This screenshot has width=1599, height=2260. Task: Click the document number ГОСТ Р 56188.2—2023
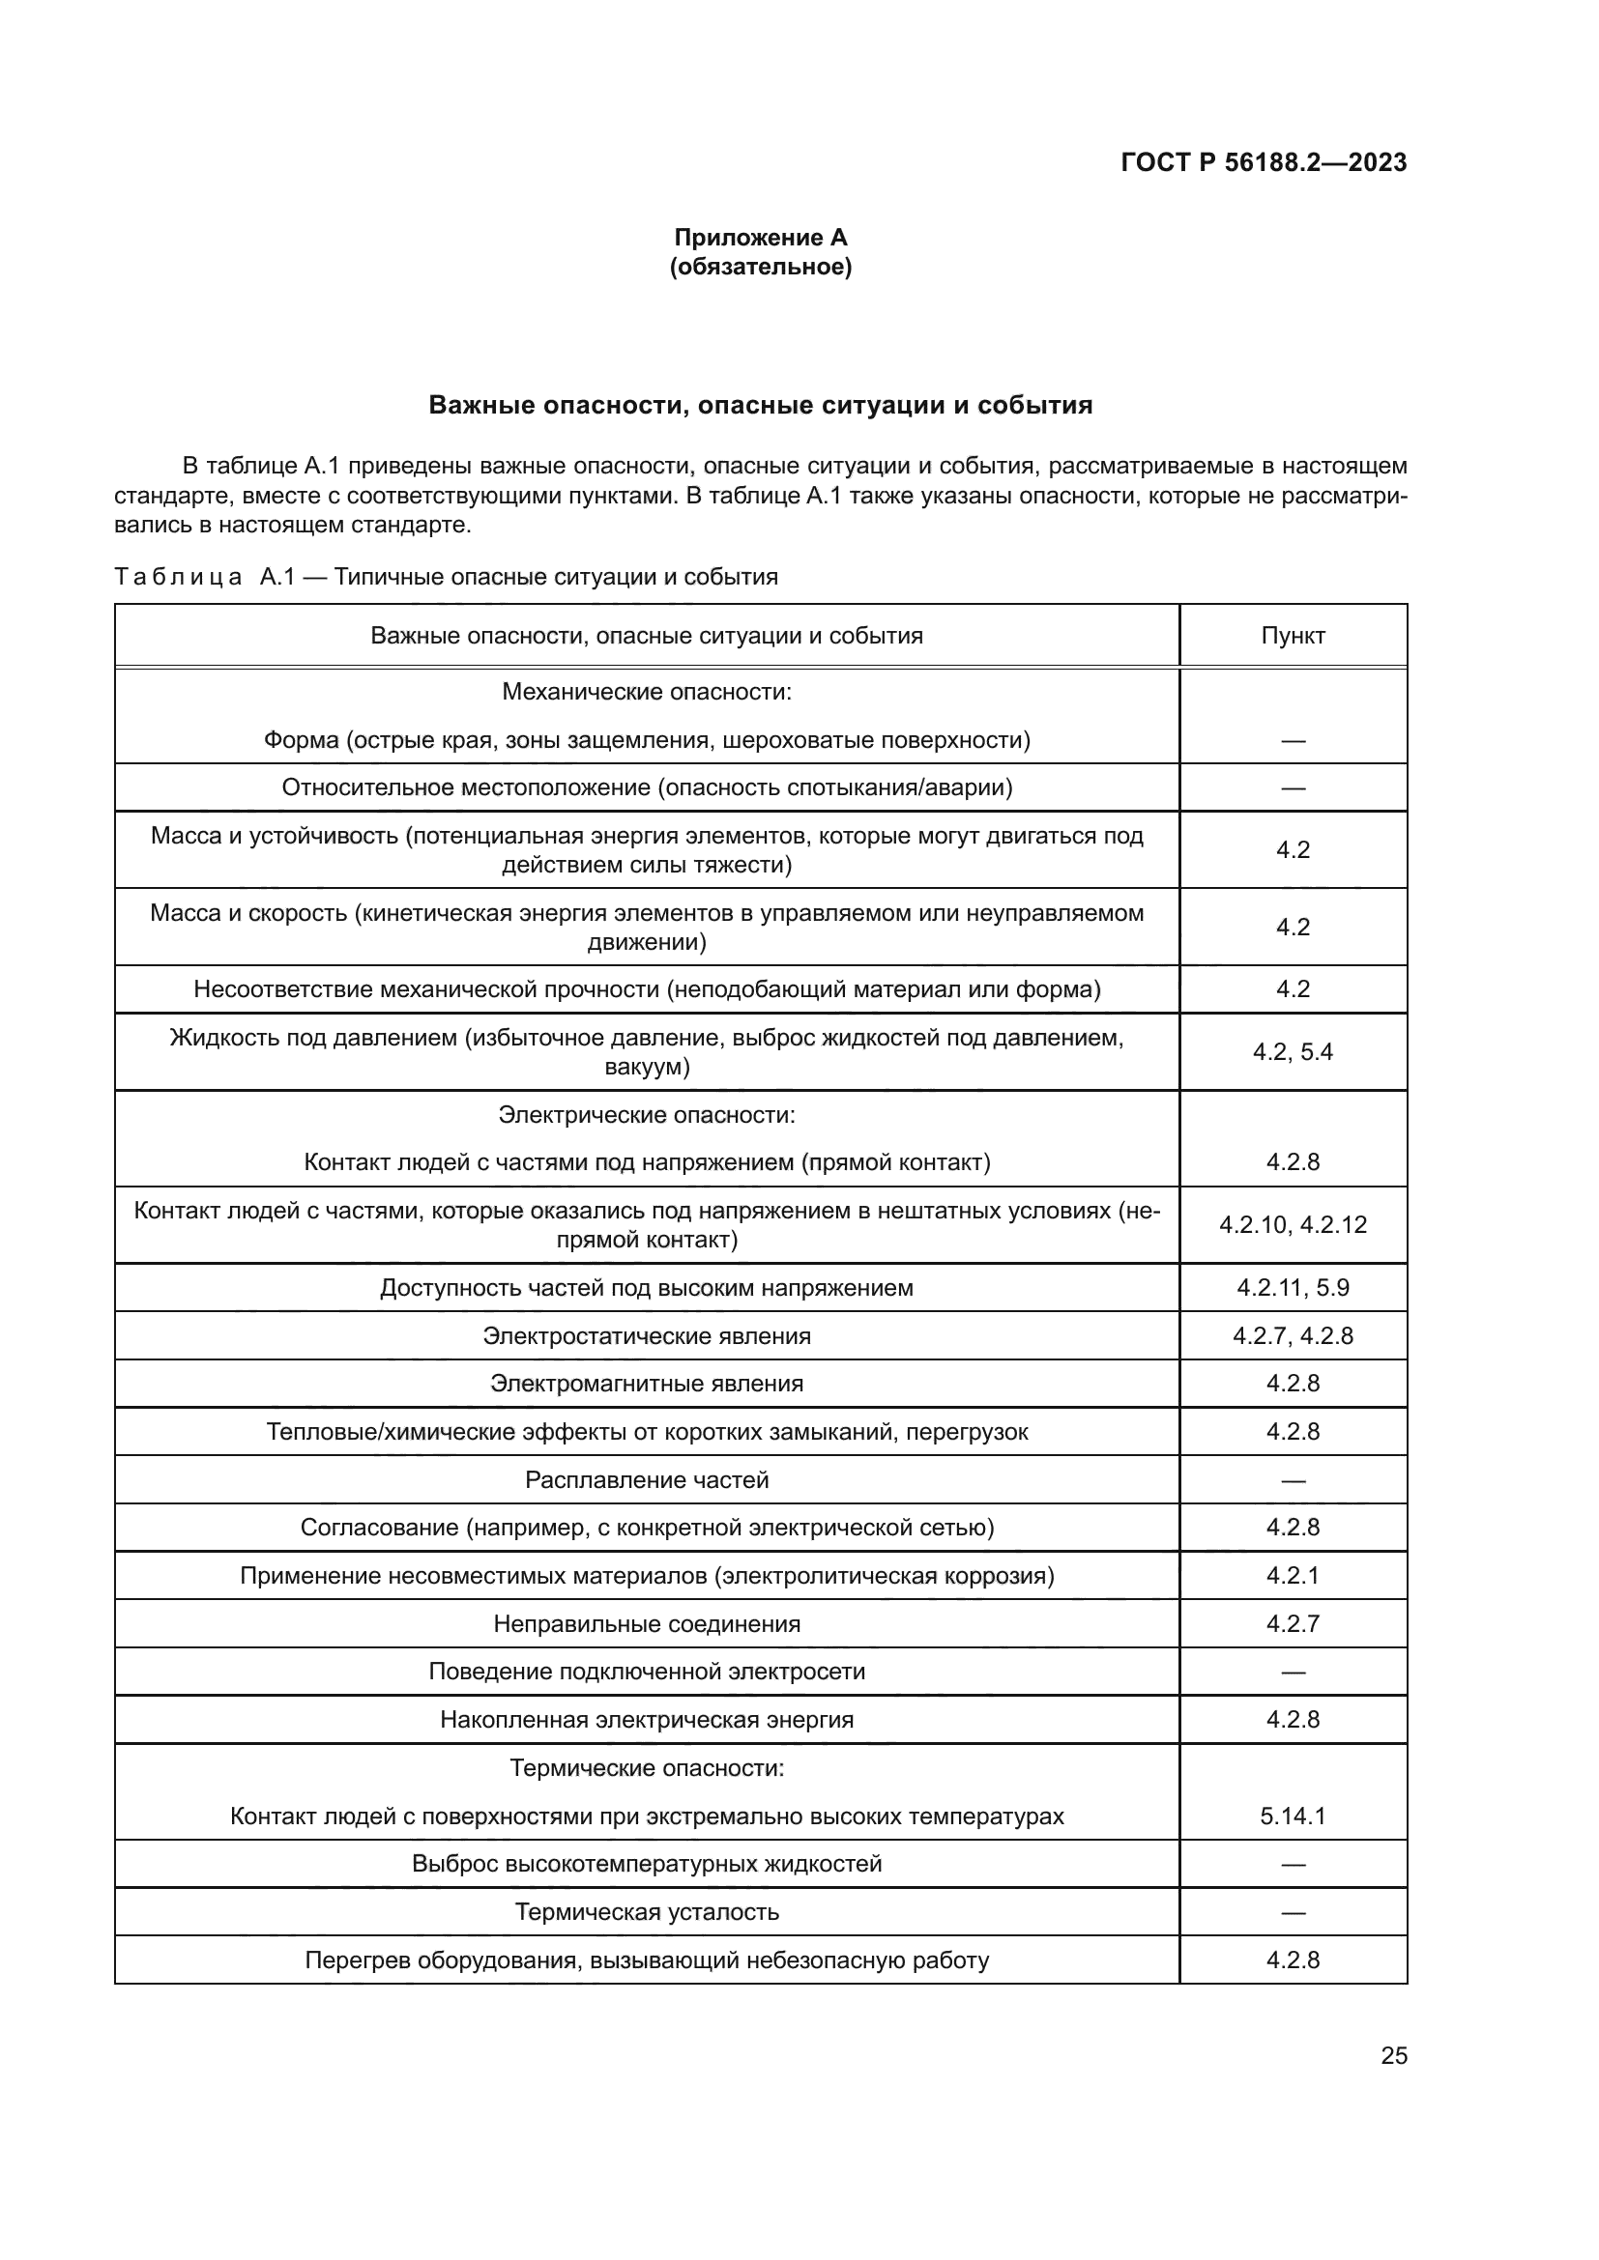tap(1264, 162)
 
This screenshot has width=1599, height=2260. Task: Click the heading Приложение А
tap(760, 238)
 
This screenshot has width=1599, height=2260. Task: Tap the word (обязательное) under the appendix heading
tap(760, 267)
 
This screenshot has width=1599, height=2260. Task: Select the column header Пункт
tap(1292, 636)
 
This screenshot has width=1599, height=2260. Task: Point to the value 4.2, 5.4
tap(1292, 1052)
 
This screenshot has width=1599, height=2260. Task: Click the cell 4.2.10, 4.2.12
tap(1292, 1225)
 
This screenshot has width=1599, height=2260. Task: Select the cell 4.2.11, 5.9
tap(1292, 1287)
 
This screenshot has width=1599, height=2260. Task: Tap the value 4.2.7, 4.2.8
tap(1292, 1335)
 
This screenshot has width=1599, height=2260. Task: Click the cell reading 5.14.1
tap(1292, 1817)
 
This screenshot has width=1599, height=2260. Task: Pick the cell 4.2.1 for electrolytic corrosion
tap(1292, 1575)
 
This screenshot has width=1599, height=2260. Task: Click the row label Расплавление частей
tap(647, 1479)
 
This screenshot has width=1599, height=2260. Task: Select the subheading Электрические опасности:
tap(647, 1115)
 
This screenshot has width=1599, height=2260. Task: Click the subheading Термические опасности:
tap(647, 1768)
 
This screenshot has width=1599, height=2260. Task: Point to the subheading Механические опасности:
tap(647, 692)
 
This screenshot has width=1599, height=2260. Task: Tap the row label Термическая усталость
tap(647, 1911)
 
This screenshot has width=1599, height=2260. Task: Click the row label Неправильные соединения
tap(647, 1623)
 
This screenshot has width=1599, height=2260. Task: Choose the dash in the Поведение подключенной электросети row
tap(1292, 1673)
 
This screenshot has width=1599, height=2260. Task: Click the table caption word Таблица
tap(178, 578)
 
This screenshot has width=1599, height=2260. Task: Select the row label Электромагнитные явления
tap(647, 1383)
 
